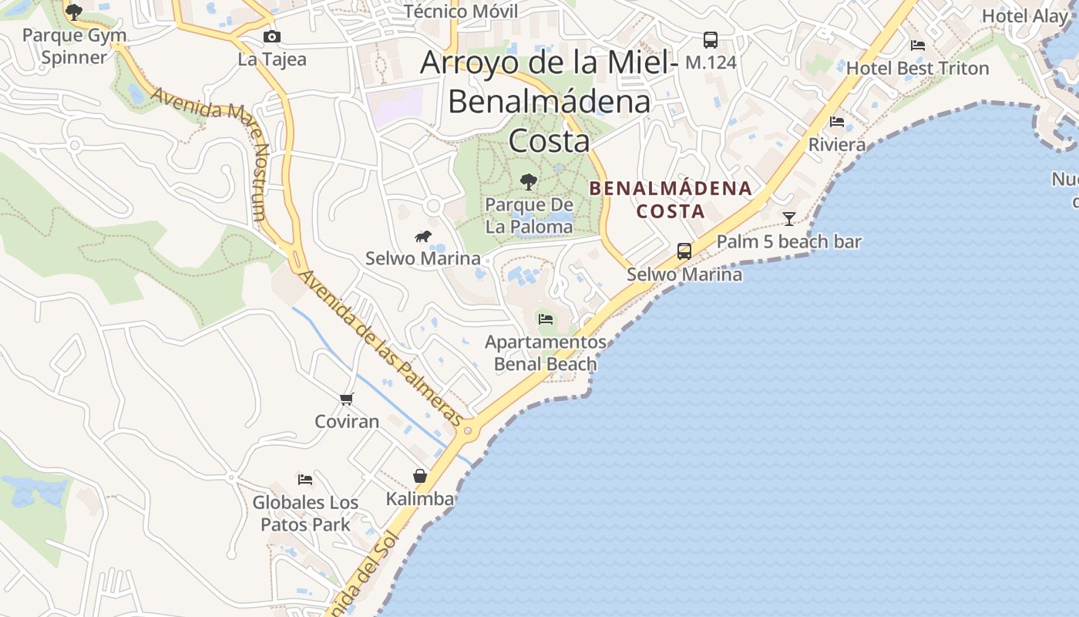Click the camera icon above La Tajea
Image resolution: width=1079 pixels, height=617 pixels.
(x=271, y=37)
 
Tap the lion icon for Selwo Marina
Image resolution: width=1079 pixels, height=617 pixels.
(x=423, y=236)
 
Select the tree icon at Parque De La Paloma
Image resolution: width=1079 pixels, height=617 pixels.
(x=529, y=182)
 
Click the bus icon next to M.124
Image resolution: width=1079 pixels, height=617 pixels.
(x=711, y=40)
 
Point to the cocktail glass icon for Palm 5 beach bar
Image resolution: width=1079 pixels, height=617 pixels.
(x=789, y=219)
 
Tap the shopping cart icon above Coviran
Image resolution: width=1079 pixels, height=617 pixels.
(x=347, y=399)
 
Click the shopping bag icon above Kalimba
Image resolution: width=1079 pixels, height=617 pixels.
(x=420, y=476)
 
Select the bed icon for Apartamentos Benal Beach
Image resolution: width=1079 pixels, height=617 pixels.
(x=546, y=319)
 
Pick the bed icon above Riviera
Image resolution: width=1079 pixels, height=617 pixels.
(x=837, y=122)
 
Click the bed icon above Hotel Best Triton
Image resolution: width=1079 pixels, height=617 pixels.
(x=917, y=46)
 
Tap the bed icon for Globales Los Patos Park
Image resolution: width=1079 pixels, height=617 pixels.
(x=305, y=480)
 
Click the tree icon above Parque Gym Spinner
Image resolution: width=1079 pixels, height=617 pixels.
(x=74, y=12)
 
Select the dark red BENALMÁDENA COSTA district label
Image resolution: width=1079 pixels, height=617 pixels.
(x=671, y=199)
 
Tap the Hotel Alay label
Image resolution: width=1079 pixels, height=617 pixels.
(x=1024, y=16)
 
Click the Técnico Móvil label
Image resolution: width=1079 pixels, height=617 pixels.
(x=461, y=11)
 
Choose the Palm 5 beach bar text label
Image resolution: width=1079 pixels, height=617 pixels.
(x=788, y=241)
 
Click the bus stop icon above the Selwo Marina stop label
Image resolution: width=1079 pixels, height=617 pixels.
(x=684, y=251)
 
